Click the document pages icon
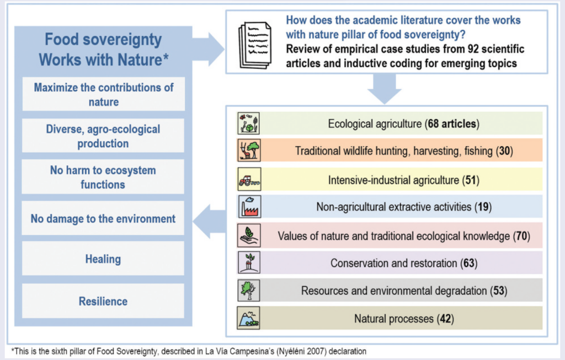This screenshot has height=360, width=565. [255, 45]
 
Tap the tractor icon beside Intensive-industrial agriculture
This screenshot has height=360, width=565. [249, 179]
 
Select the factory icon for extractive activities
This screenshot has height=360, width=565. [249, 207]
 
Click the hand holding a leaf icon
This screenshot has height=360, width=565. [249, 235]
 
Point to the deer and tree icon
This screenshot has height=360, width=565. [249, 150]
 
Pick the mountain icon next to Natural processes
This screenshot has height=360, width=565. [249, 318]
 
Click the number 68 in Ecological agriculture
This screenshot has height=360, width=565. [433, 124]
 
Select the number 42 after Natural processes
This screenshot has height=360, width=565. [445, 319]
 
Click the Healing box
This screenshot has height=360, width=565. [103, 259]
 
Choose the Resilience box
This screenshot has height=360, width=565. [103, 301]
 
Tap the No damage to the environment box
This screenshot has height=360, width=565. [103, 218]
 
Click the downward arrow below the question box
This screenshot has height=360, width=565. [385, 89]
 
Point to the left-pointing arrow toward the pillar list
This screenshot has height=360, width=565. [209, 221]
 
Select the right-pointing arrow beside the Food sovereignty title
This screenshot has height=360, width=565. [208, 49]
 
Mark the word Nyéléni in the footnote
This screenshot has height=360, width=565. [291, 351]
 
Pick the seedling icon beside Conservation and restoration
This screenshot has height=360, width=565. [249, 262]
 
